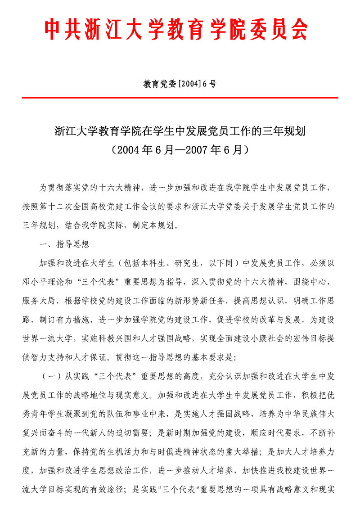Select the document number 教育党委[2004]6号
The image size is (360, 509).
180,84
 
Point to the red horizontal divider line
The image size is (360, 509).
180,98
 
